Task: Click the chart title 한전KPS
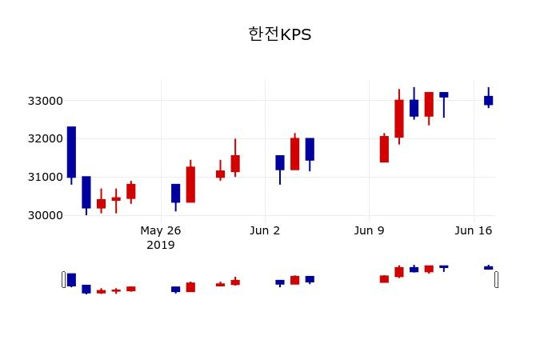pos(279,34)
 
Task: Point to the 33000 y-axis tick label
pos(45,101)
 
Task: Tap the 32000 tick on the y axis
pos(45,138)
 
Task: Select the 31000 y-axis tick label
pos(45,177)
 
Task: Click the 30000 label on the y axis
pos(45,215)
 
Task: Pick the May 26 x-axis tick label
pos(161,231)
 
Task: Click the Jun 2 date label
pos(265,231)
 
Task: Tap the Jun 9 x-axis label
pos(369,231)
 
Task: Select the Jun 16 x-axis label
pos(473,231)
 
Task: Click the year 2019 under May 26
pos(161,245)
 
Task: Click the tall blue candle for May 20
pos(71,152)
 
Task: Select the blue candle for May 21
pos(86,192)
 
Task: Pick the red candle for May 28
pos(190,184)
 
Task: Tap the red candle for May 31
pos(235,163)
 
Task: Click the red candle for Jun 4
pos(294,154)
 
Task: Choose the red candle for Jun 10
pos(384,149)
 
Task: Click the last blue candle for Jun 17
pos(488,100)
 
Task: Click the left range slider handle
pos(64,279)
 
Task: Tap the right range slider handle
pos(496,279)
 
